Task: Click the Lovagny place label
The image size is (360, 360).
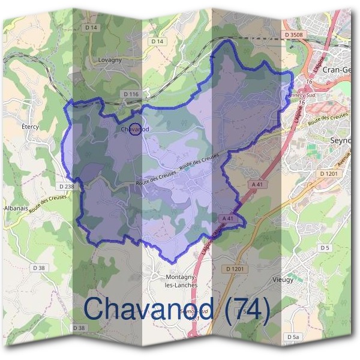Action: click(109, 61)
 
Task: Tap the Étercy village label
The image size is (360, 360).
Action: click(30, 128)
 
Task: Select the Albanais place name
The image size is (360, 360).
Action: click(16, 208)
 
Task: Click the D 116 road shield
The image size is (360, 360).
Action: click(131, 94)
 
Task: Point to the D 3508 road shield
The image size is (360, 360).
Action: click(294, 35)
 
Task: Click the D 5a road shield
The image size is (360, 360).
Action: click(293, 338)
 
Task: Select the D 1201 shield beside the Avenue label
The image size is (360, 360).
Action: click(329, 174)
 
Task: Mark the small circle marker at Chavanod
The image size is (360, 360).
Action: click(136, 129)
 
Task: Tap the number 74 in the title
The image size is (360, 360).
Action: click(248, 308)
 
